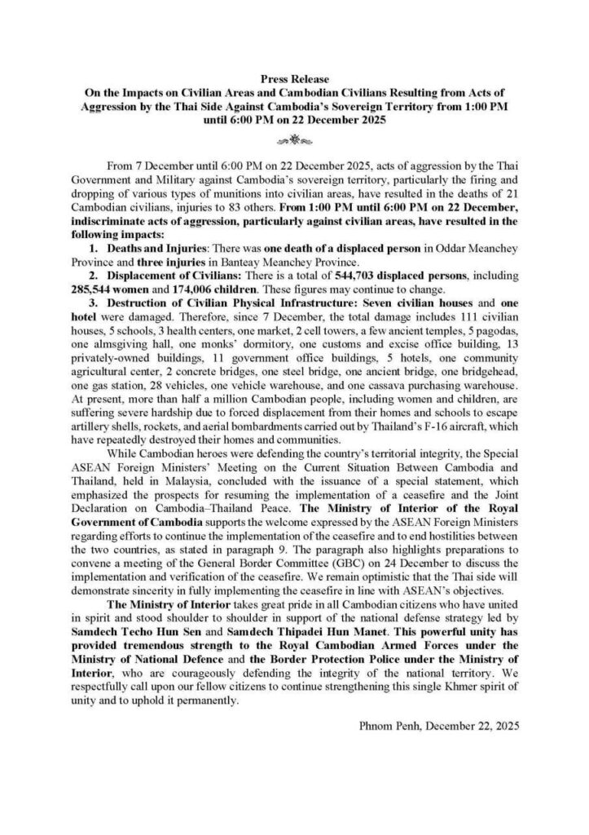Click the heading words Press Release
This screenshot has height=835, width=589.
294,80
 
